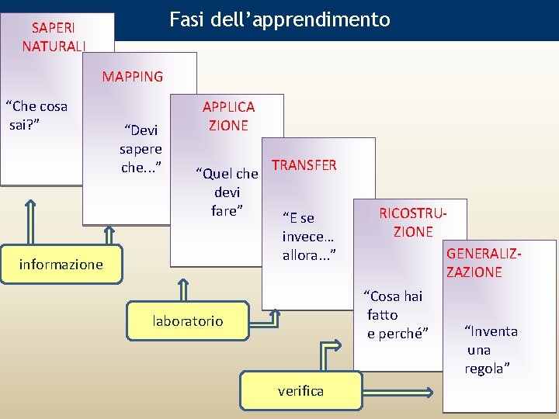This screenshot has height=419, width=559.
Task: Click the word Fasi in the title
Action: tap(186, 19)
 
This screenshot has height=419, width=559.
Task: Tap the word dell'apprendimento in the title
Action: tap(298, 19)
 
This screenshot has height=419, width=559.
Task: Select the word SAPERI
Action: tap(54, 28)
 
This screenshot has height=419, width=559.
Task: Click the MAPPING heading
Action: tap(133, 77)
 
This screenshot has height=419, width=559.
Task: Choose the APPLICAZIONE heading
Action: tap(228, 116)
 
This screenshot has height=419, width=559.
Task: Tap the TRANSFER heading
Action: tap(304, 165)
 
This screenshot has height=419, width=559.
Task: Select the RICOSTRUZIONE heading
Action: tap(413, 222)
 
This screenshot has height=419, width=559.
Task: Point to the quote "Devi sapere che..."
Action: tap(141, 148)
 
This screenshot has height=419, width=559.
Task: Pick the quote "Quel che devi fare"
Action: tap(227, 191)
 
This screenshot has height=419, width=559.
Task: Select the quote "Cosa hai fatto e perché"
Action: tap(396, 314)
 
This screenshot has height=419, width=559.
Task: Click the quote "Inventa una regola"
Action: tap(489, 350)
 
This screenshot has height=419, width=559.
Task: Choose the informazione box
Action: tap(61, 265)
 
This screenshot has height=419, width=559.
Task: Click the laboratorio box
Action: tap(188, 320)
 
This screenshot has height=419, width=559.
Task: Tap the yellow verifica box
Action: tap(300, 390)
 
